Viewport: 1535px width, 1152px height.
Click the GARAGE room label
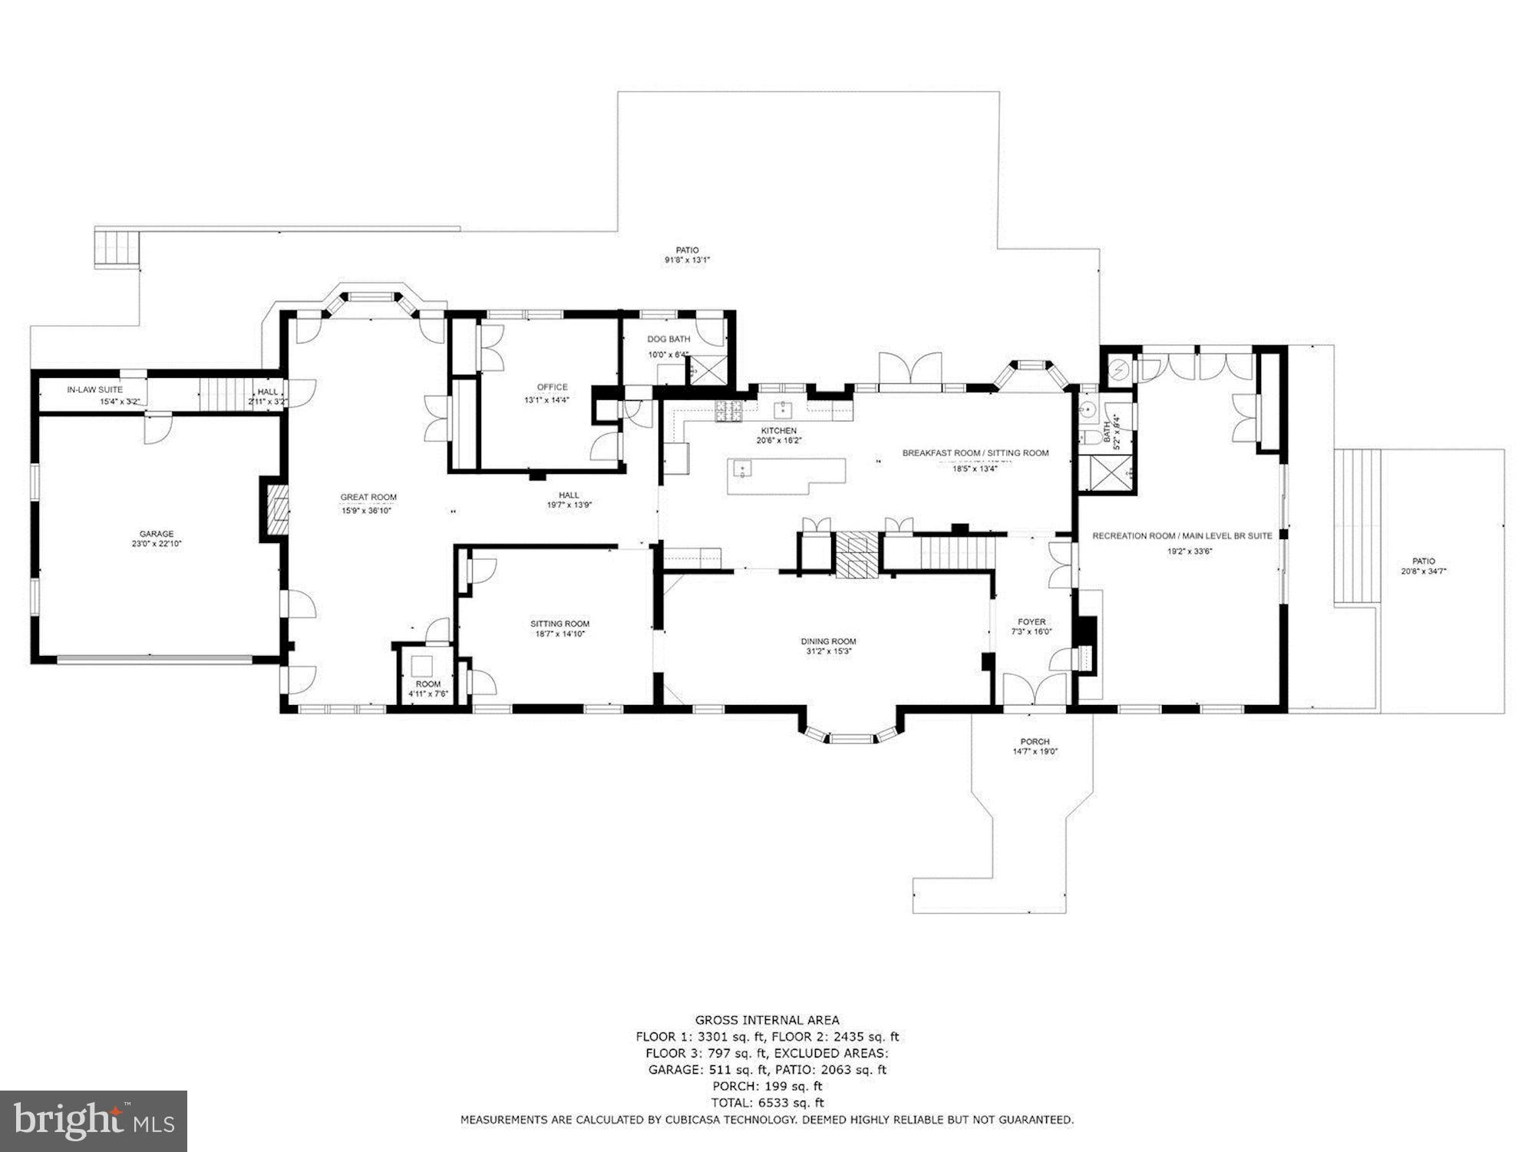tap(157, 534)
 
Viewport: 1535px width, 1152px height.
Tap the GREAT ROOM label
tap(368, 497)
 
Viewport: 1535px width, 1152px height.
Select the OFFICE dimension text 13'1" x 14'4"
tap(546, 399)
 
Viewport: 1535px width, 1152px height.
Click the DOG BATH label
tap(668, 339)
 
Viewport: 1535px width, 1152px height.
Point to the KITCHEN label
tap(778, 431)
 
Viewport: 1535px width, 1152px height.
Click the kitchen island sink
tap(741, 467)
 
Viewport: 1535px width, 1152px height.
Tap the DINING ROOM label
tap(828, 641)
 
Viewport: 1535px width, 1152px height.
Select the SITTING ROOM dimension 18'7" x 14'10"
tap(560, 634)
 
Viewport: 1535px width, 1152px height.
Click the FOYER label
tap(1032, 622)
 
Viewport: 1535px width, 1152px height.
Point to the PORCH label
tap(1035, 742)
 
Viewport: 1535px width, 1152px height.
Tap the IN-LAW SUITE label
tap(94, 390)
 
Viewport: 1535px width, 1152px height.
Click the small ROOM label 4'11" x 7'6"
tap(428, 684)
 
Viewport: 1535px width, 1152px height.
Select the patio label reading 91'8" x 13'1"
tap(687, 260)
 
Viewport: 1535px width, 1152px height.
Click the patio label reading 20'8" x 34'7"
tap(1423, 571)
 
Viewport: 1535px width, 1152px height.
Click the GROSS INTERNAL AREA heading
tap(767, 1020)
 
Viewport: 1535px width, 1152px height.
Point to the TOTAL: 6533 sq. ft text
tap(767, 1103)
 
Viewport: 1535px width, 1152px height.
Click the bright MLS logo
tap(94, 1121)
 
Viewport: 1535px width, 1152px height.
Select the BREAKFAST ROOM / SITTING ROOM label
tap(975, 453)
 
